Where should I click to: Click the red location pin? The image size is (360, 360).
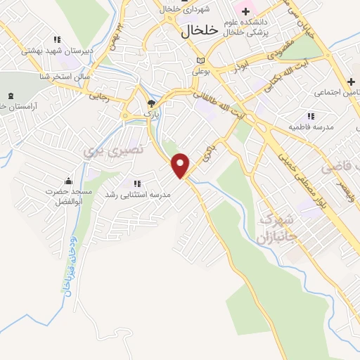[x=181, y=165]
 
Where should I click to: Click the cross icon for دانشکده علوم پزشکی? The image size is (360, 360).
[x=245, y=12]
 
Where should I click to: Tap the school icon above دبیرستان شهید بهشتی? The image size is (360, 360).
[x=56, y=39]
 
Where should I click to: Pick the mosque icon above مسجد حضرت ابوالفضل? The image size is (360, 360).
[x=67, y=181]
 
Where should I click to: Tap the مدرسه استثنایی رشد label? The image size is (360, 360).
[x=137, y=193]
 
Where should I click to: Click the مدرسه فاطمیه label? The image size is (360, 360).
[x=309, y=127]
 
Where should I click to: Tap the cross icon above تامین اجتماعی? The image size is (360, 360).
[x=349, y=82]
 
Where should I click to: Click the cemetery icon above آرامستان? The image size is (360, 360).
[x=11, y=96]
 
